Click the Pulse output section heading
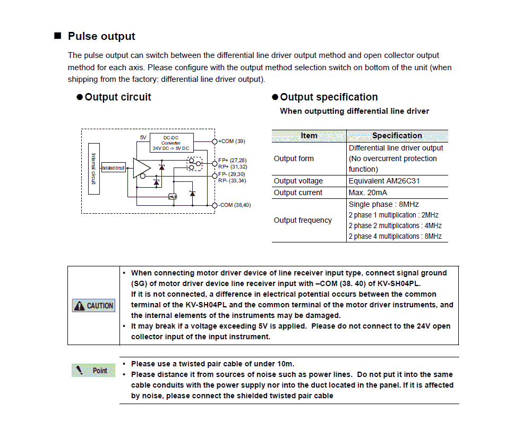tap(101, 36)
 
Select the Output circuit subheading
tap(117, 97)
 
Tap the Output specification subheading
tap(329, 97)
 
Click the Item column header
tap(309, 136)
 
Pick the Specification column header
tap(397, 136)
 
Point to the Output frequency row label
tap(302, 220)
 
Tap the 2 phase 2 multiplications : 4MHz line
tap(395, 225)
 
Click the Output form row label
tap(294, 158)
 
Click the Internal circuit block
tap(94, 169)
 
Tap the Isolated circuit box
tap(114, 168)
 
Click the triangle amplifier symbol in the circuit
tap(141, 168)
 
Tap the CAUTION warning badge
tap(94, 305)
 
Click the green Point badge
tap(93, 371)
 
